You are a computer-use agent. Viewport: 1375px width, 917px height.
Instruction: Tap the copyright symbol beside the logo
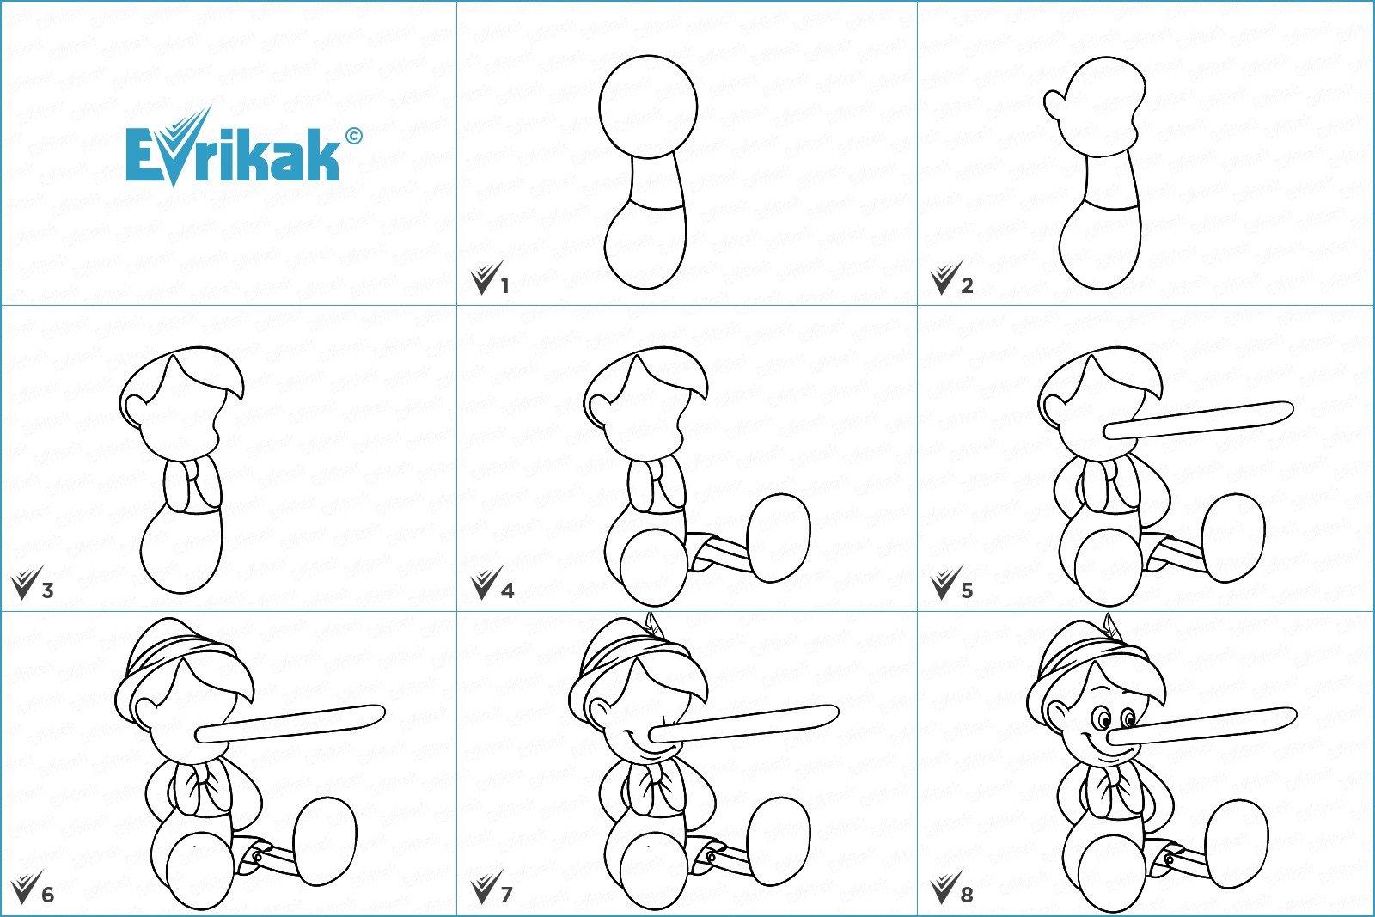pyautogui.click(x=354, y=136)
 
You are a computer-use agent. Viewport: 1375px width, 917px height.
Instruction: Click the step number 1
pyautogui.click(x=504, y=286)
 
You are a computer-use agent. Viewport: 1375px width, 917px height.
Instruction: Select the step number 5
pyautogui.click(x=967, y=590)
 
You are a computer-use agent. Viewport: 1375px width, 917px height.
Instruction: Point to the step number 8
pyautogui.click(x=967, y=895)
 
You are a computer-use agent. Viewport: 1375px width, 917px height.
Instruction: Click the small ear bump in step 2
pyautogui.click(x=1054, y=104)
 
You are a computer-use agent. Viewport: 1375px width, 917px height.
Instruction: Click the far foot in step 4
pyautogui.click(x=779, y=538)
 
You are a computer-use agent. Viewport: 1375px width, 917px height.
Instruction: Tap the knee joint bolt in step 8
pyautogui.click(x=1168, y=860)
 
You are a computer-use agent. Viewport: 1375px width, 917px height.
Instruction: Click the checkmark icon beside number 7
pyautogui.click(x=485, y=888)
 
